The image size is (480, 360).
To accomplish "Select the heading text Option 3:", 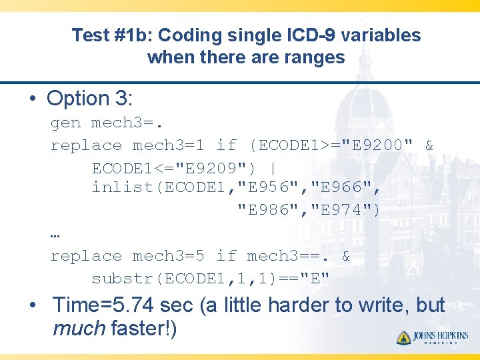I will pos(90,99).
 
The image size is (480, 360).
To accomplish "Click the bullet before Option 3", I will pos(32,99).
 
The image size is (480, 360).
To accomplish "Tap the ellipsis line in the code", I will pos(55,235).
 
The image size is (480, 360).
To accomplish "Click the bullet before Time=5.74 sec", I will pos(32,306).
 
